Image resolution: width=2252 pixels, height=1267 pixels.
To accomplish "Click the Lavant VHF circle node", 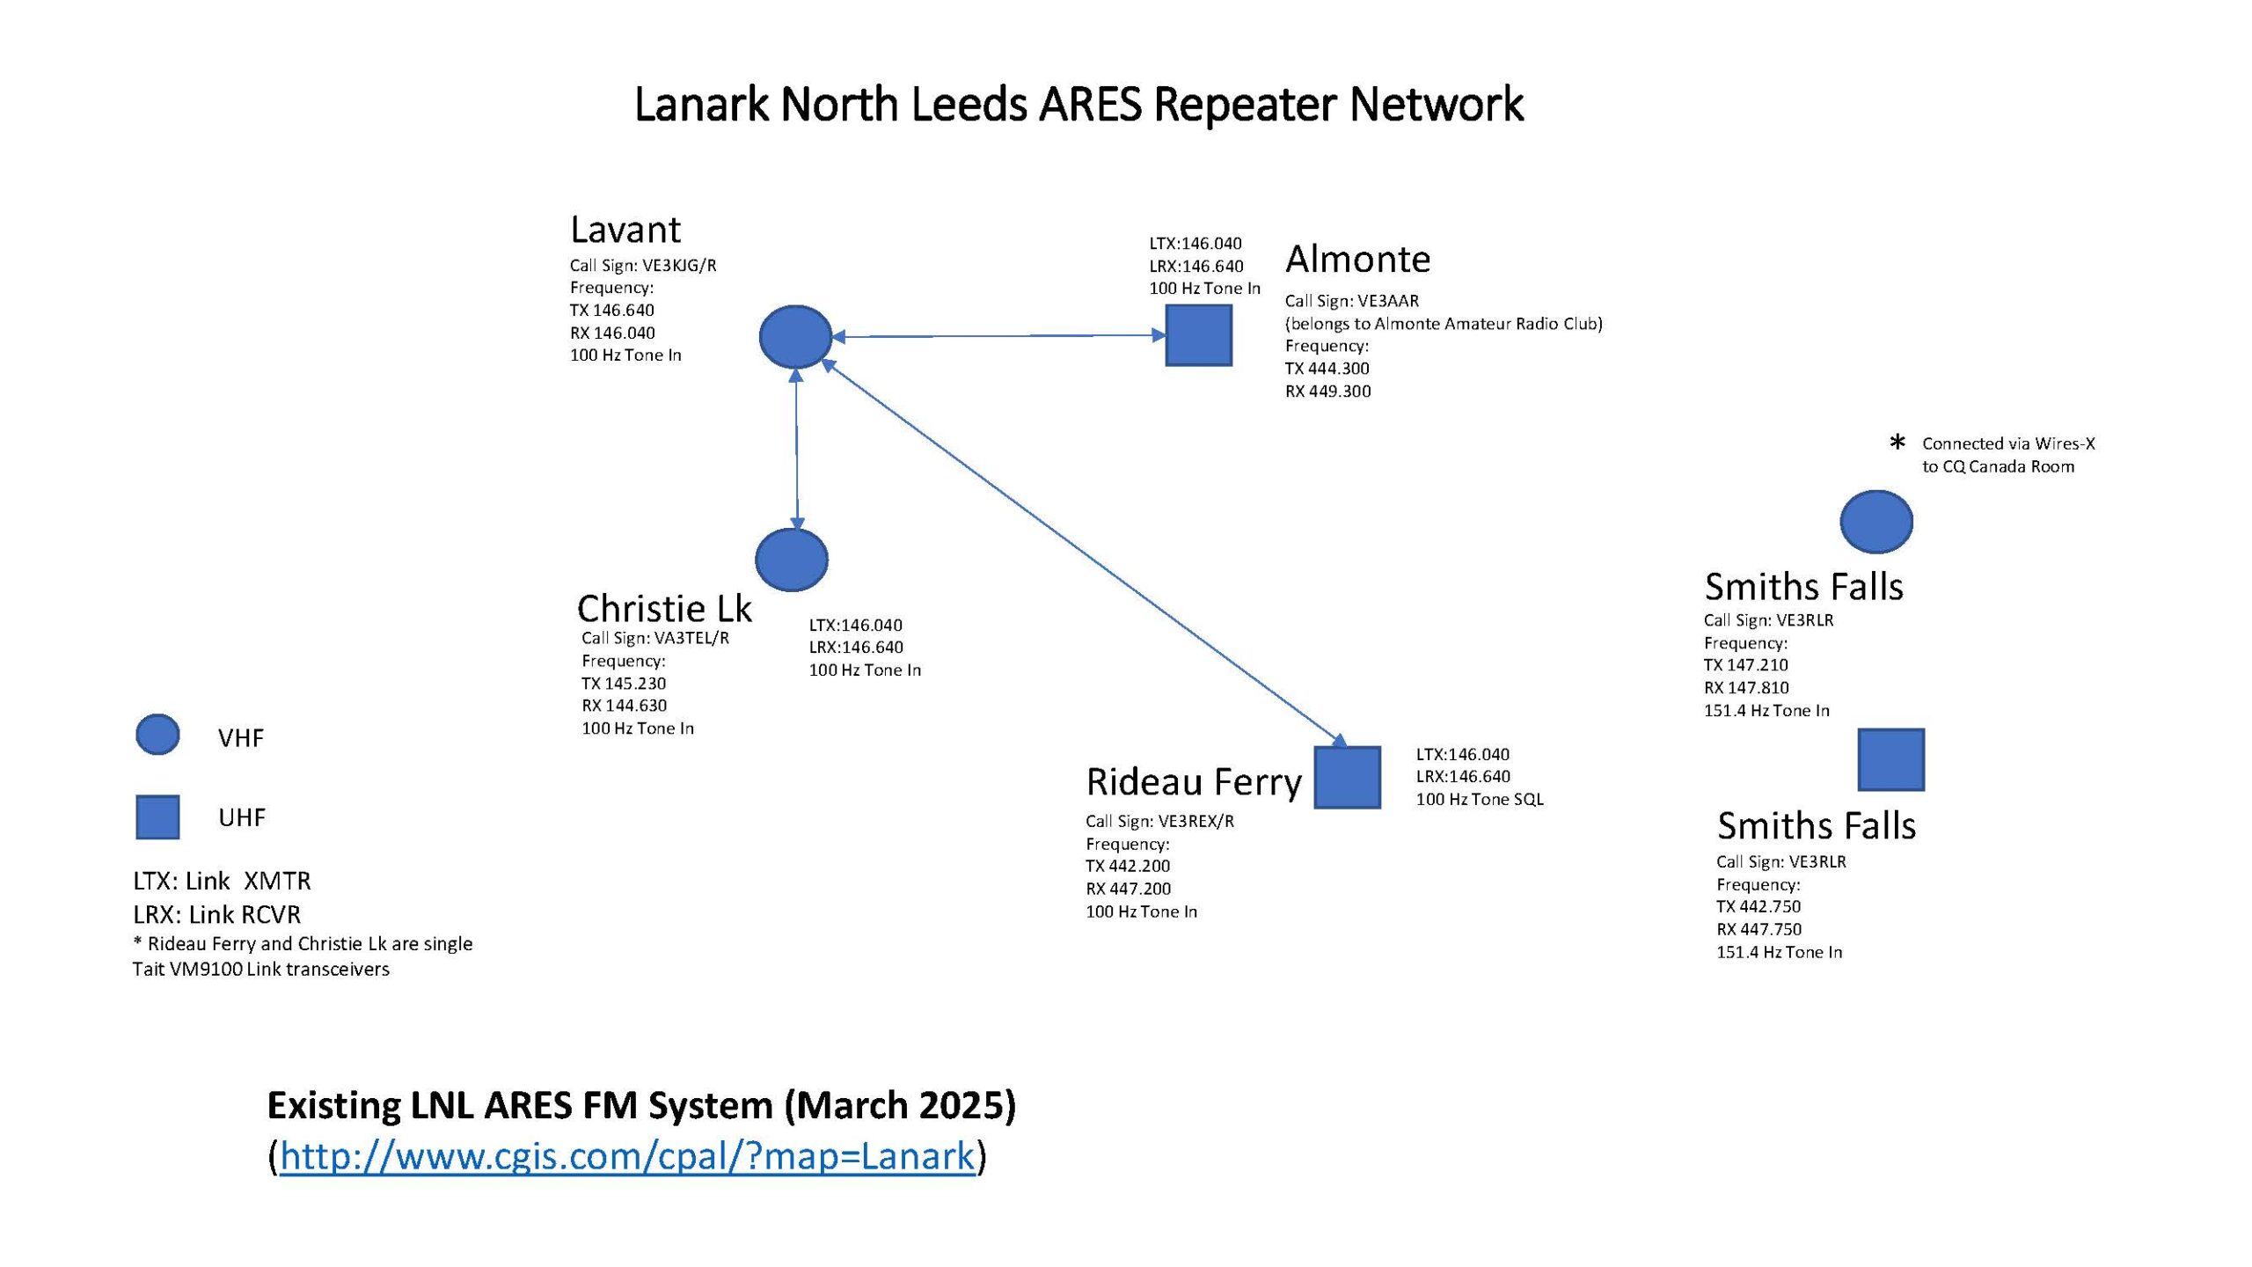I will coord(795,336).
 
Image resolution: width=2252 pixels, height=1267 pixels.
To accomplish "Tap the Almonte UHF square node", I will coord(1198,335).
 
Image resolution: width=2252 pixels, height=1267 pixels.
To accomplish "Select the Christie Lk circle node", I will coord(792,560).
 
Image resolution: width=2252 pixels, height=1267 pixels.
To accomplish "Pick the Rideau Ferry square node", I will coord(1347,777).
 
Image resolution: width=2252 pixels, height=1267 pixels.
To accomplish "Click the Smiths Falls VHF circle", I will coord(1876,522).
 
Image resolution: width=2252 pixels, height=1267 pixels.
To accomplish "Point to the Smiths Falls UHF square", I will coord(1891,759).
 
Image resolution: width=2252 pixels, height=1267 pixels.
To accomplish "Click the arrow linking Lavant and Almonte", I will coord(998,335).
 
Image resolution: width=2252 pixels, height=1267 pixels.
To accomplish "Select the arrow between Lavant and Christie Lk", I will coord(796,449).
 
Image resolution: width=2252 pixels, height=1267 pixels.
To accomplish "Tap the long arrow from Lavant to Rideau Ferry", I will coord(1082,550).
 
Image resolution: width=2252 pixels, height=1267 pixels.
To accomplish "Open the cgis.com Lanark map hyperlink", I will coord(627,1156).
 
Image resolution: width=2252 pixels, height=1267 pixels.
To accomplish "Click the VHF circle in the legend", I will coord(157,735).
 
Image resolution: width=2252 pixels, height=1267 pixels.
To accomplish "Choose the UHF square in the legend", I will coord(157,817).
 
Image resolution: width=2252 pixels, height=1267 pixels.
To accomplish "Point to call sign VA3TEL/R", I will coord(691,638).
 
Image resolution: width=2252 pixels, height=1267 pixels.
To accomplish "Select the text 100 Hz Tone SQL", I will coord(1480,799).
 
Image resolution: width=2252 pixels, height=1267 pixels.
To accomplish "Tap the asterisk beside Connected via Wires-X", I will coord(1897,442).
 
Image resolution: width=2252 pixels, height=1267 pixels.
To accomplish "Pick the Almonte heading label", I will coord(1357,259).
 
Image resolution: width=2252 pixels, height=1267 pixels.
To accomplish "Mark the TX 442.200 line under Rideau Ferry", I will coord(1128,866).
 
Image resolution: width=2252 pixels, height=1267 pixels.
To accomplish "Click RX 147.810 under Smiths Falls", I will coord(1746,687).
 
